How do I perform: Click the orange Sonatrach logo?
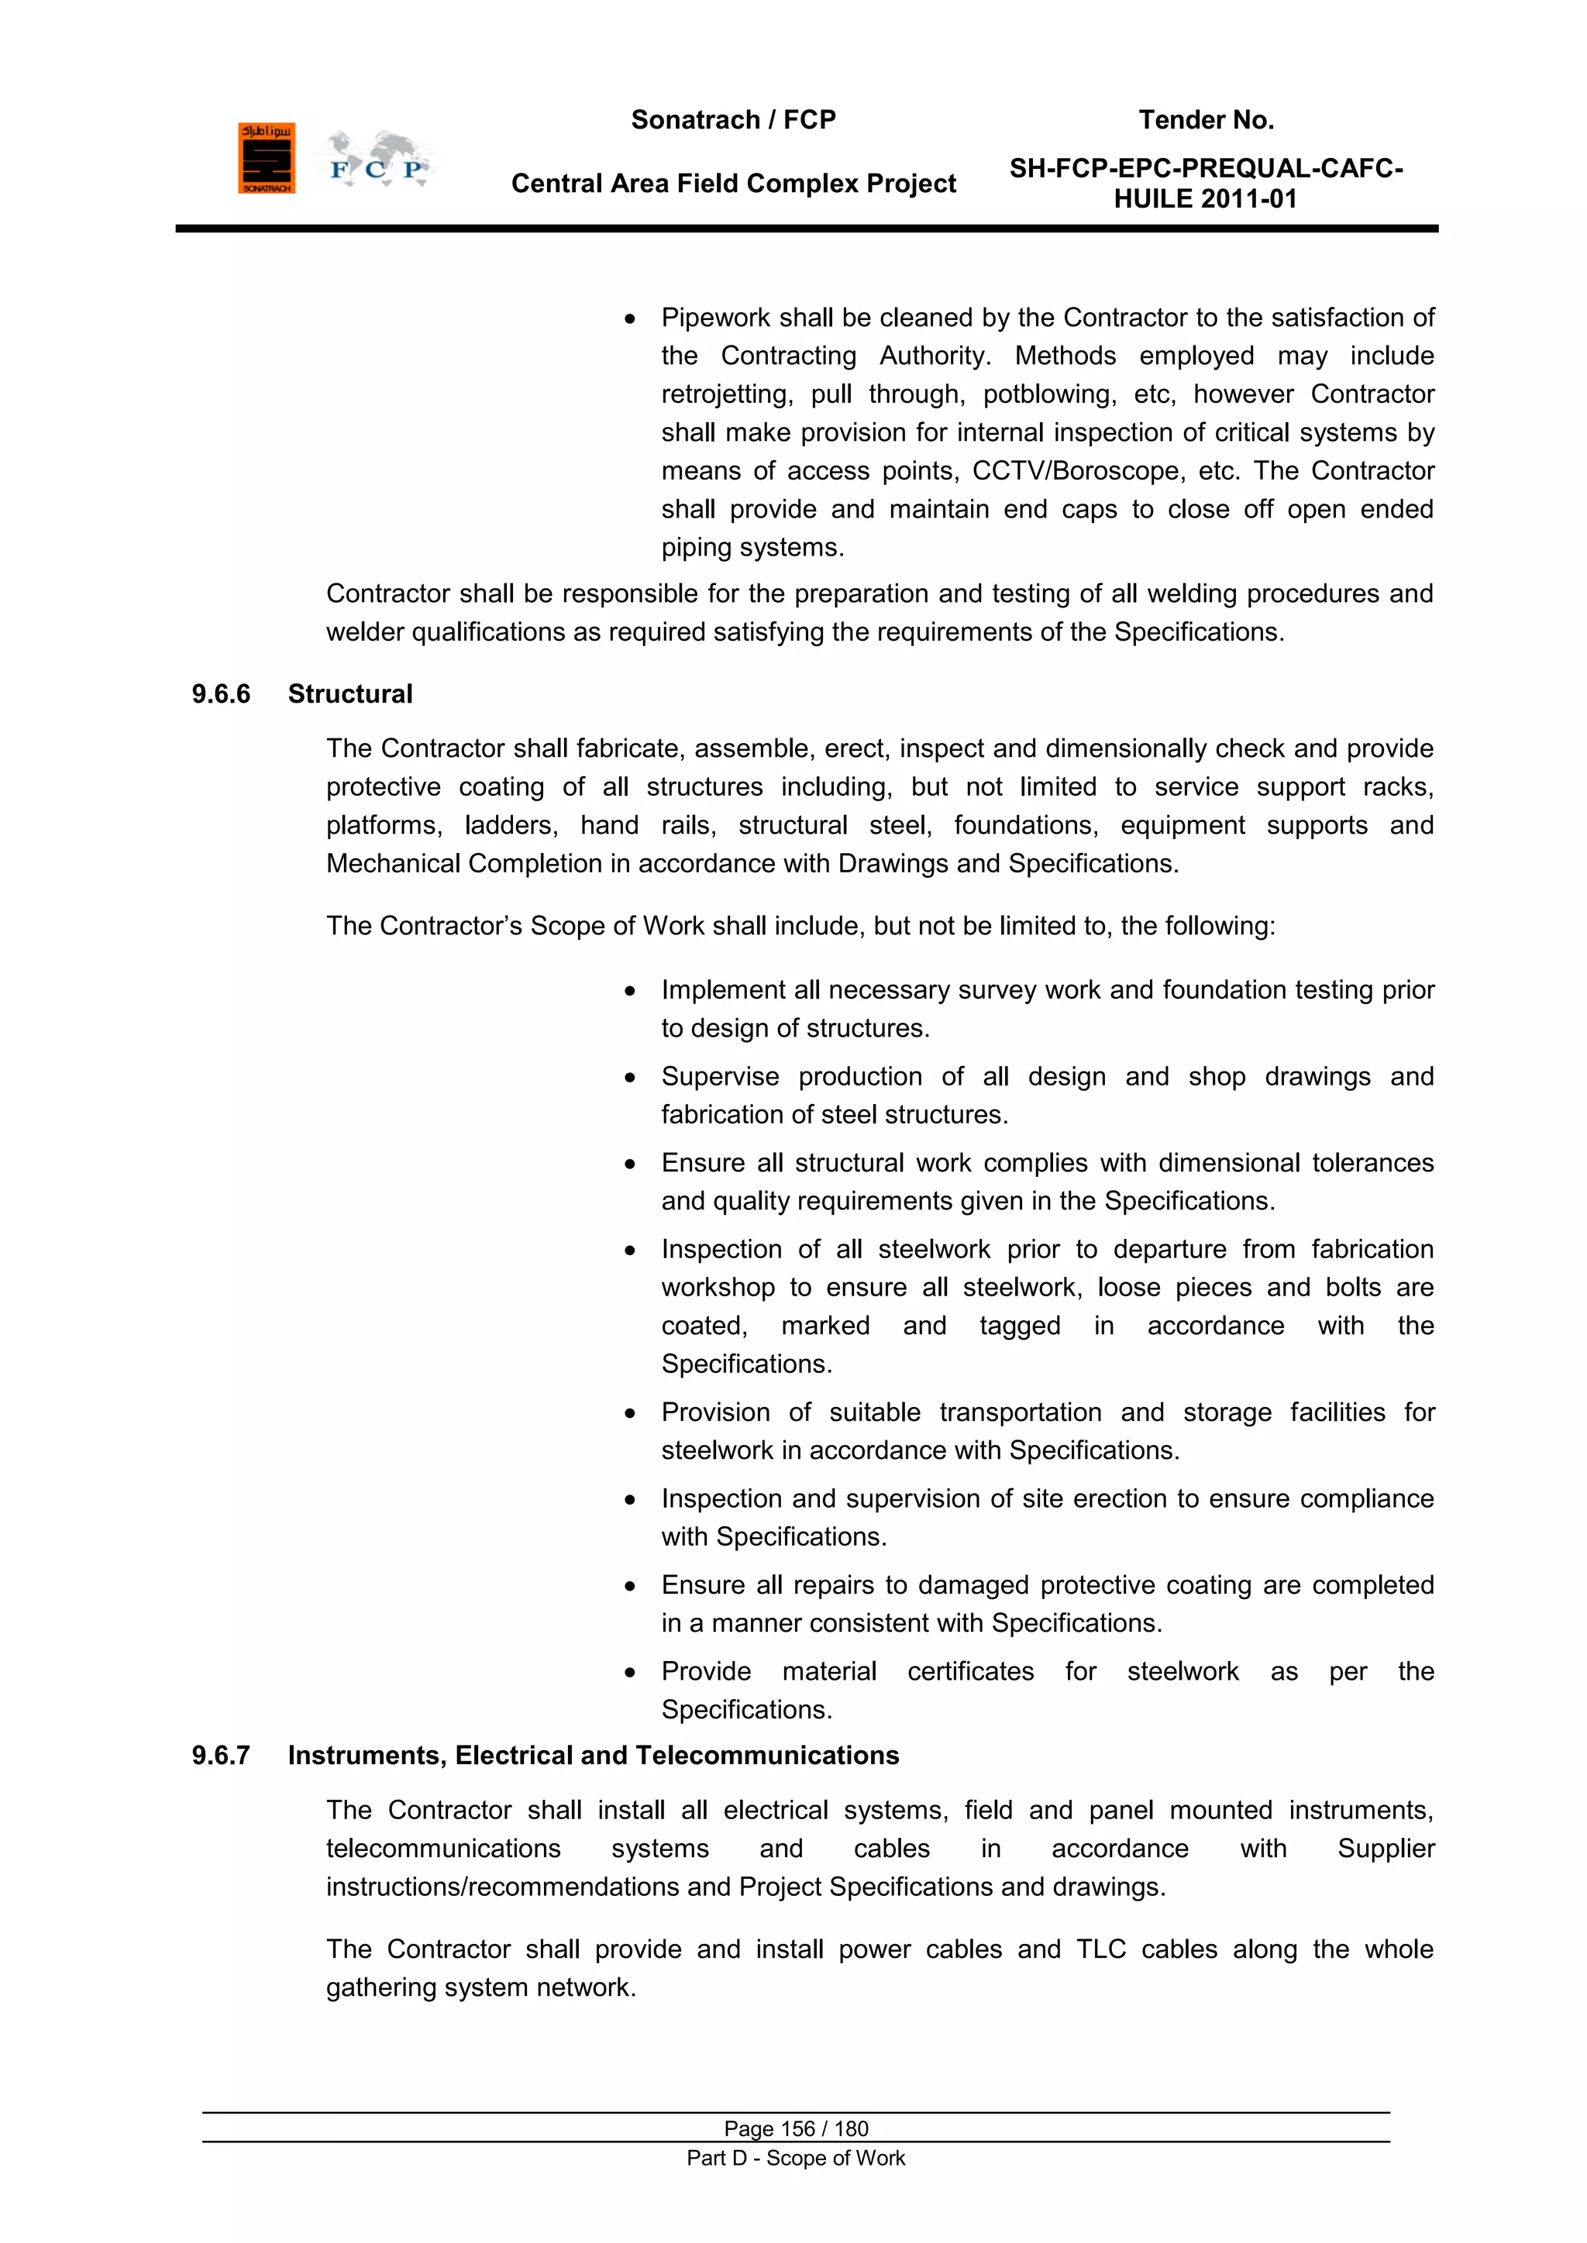tap(266, 158)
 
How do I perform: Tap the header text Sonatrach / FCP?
tap(733, 120)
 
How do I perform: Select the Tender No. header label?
tap(1206, 120)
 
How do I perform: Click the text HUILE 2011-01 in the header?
tap(1205, 199)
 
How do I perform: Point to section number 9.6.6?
tap(221, 694)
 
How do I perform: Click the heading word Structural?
tap(349, 694)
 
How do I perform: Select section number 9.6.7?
tap(221, 1756)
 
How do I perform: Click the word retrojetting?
tap(726, 394)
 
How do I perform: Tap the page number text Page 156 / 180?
tap(796, 2128)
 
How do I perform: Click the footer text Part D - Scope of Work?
tap(796, 2158)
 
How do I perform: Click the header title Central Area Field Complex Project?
tap(733, 184)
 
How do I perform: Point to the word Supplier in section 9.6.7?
tap(1385, 1849)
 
